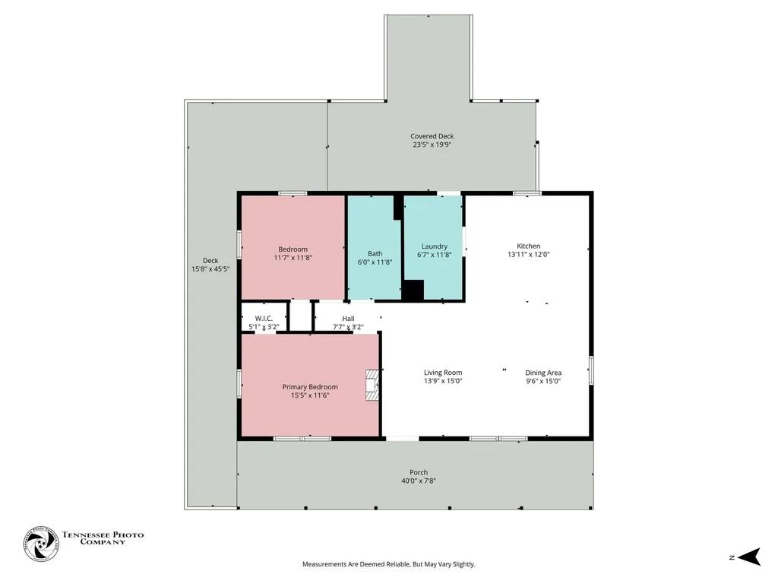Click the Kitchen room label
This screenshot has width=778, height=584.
529,246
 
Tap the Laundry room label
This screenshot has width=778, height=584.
434,246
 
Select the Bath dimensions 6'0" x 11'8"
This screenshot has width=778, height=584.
375,262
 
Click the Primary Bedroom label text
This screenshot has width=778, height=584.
310,387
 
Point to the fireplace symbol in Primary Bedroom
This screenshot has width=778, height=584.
372,385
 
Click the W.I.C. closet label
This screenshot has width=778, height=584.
264,319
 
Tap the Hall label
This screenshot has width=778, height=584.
348,319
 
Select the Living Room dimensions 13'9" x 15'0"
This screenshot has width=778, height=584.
443,382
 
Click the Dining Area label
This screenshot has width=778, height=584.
543,373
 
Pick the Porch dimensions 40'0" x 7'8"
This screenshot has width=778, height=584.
419,481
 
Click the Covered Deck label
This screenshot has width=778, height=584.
432,136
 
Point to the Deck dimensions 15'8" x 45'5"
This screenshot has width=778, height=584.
210,269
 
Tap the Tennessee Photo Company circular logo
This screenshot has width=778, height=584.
41,544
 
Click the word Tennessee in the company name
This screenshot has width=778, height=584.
87,535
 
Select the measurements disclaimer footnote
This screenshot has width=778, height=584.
389,564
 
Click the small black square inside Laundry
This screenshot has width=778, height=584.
413,290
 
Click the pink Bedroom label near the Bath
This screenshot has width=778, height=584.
293,249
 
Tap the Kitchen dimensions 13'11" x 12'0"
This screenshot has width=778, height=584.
529,254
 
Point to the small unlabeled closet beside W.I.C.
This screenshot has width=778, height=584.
299,316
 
